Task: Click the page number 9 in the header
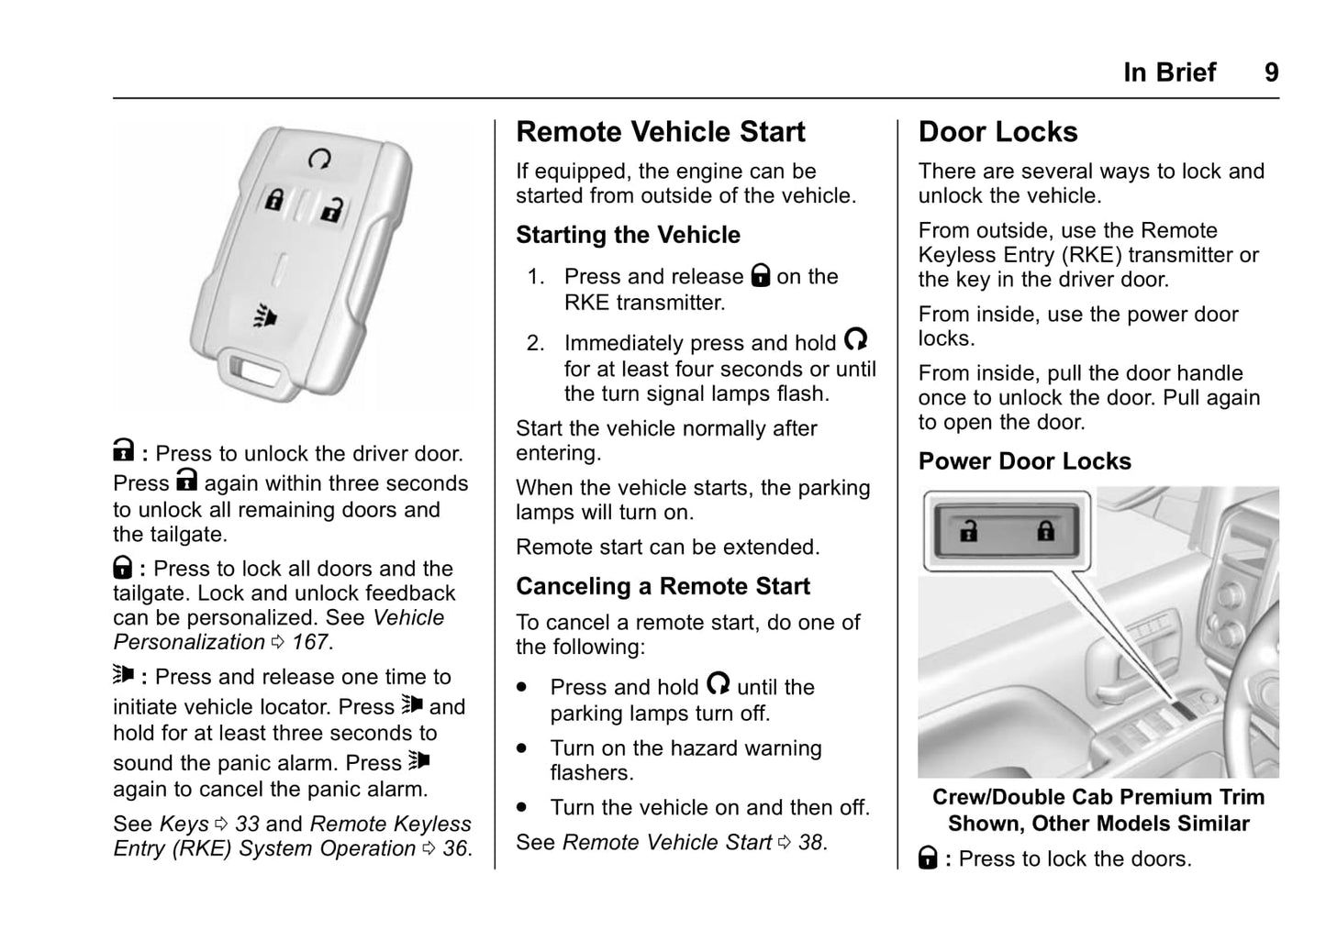pos(1271,72)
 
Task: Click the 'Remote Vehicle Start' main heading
pos(660,132)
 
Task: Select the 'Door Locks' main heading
pos(997,132)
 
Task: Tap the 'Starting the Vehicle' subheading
pos(628,236)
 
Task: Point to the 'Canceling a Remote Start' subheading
pos(663,586)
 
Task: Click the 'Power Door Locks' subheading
pos(1024,461)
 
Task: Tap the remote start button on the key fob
pos(319,160)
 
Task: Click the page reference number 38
pos(810,843)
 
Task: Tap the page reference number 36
pos(455,849)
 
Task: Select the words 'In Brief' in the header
pos(1169,72)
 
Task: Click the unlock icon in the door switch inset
pos(969,531)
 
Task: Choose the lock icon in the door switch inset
pos(1045,531)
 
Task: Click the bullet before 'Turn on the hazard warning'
pos(522,748)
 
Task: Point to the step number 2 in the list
pos(535,344)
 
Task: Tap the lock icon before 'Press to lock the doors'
pos(928,858)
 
